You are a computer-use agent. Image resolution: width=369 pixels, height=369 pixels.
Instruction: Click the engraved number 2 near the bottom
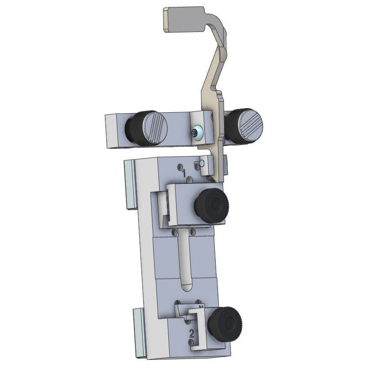point(192,333)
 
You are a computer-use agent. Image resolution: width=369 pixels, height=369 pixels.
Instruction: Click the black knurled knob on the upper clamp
point(211,205)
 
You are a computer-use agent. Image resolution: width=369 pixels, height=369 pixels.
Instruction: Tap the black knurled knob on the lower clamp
point(225,324)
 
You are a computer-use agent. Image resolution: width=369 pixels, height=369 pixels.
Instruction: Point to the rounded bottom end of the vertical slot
point(186,287)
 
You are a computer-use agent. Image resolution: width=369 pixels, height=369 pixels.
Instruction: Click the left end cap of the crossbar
point(111,130)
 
